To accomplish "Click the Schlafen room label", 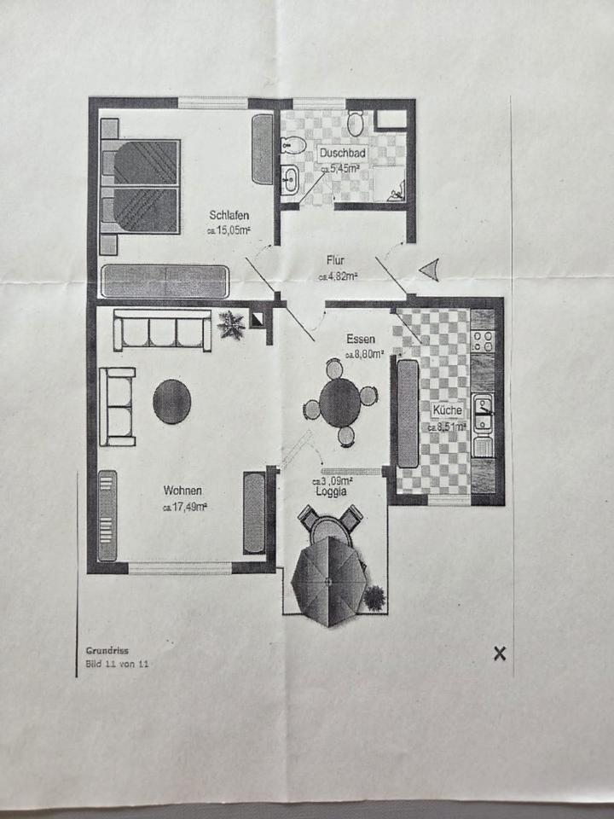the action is click(229, 215).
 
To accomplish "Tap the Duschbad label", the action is click(343, 153).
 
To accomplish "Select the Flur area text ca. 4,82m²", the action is click(338, 276).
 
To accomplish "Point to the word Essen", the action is click(361, 339).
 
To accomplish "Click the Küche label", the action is click(447, 410).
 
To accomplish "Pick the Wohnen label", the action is click(183, 491).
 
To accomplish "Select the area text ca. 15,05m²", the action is click(228, 230).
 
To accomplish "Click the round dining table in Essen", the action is click(340, 402).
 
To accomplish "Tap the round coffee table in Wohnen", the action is click(171, 401).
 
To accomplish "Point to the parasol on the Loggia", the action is click(329, 582).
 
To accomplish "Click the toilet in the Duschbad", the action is click(356, 125).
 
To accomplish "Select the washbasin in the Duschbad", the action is click(290, 179).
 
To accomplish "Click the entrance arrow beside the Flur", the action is click(430, 270).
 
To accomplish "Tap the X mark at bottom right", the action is click(500, 653).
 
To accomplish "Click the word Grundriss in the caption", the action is click(107, 649).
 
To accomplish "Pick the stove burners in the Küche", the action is click(482, 341).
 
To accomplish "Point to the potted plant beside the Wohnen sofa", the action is click(230, 324).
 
